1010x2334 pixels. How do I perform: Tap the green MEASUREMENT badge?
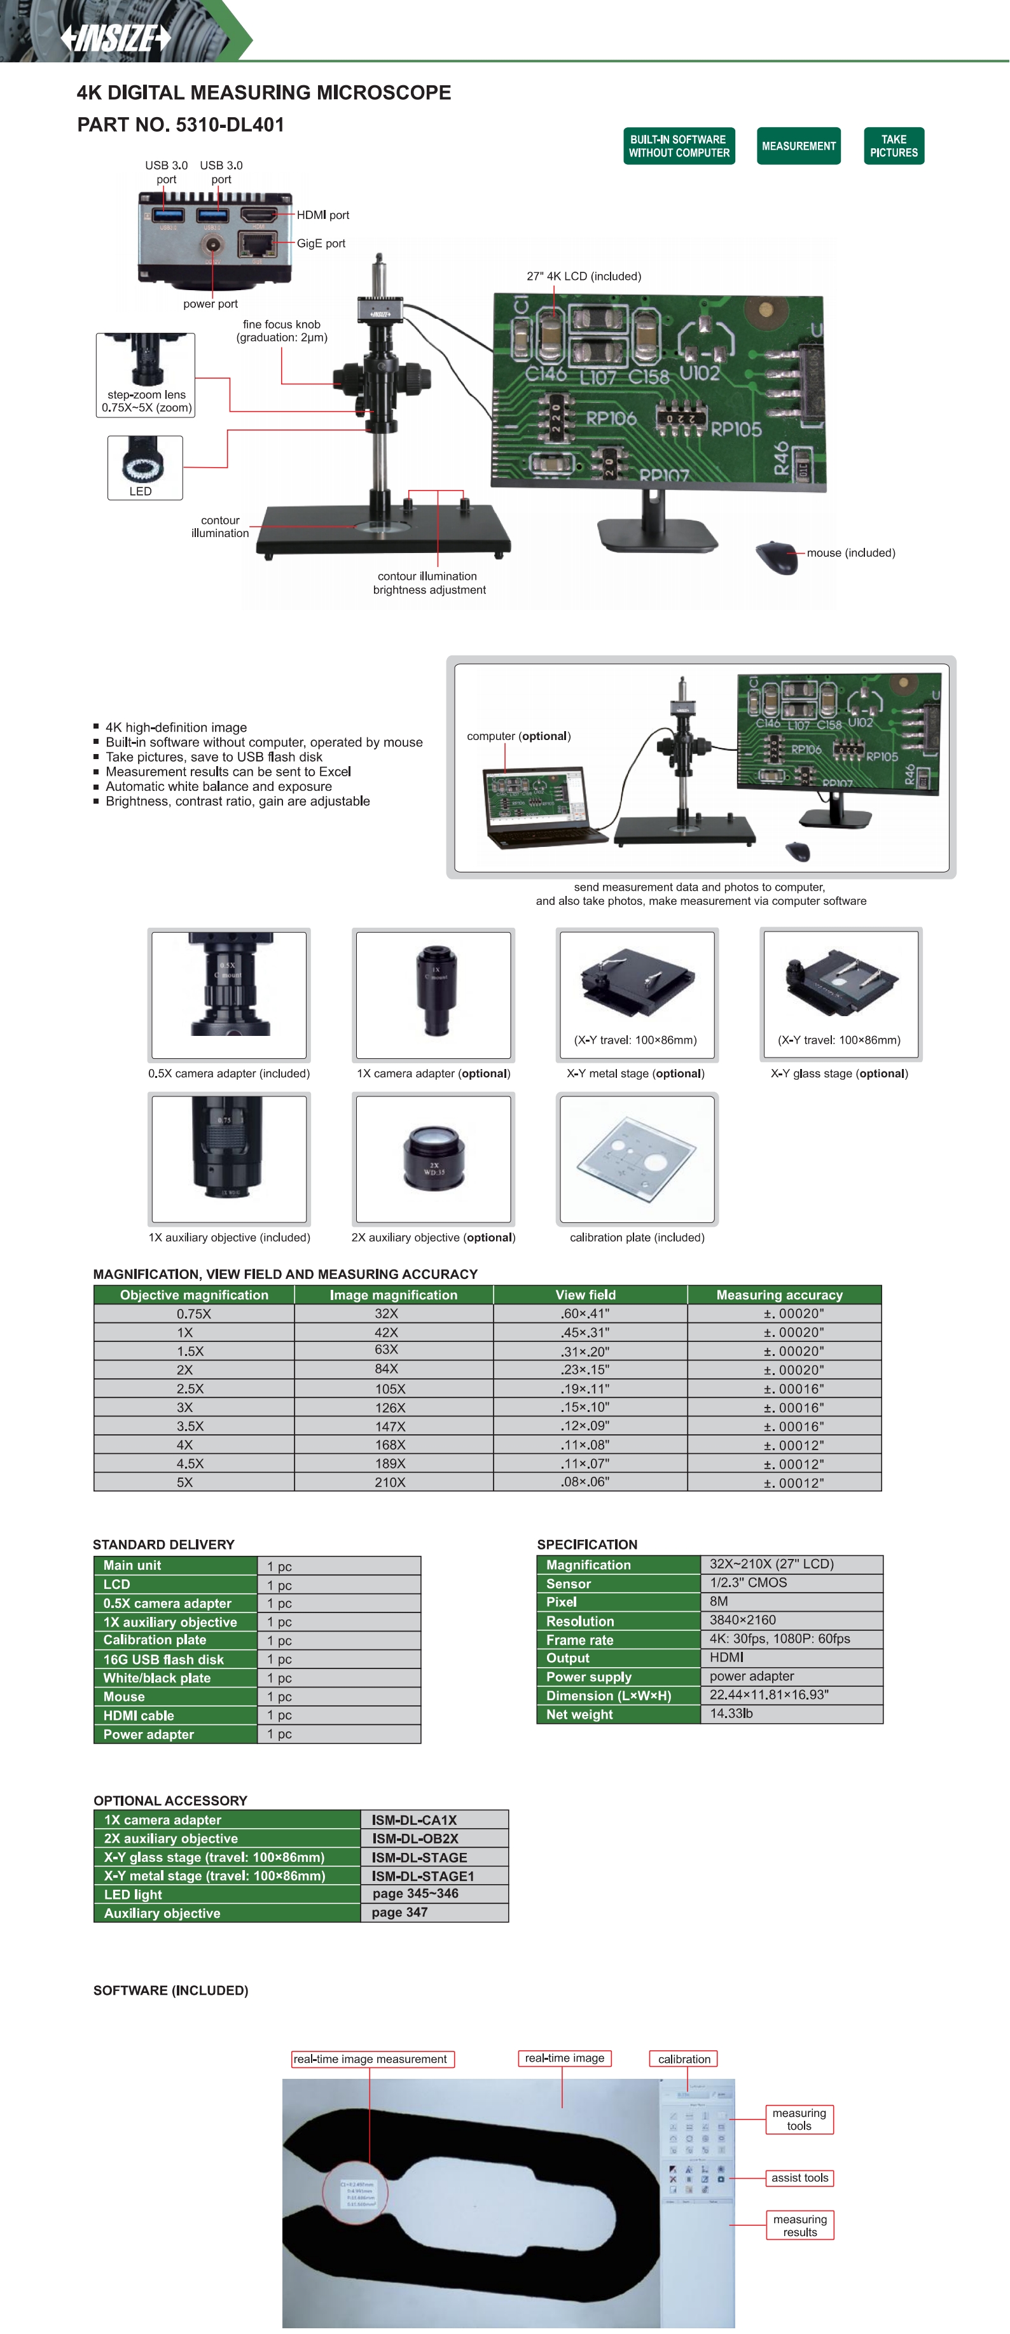pyautogui.click(x=798, y=146)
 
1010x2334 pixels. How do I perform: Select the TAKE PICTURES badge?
pyautogui.click(x=893, y=146)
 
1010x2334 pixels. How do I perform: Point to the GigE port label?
pyautogui.click(x=321, y=244)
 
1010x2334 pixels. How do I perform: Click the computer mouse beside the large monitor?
pyautogui.click(x=777, y=556)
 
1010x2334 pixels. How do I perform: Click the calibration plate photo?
pyautogui.click(x=637, y=1158)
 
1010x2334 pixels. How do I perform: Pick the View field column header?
pyautogui.click(x=585, y=1295)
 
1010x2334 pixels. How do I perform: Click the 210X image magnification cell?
pyautogui.click(x=391, y=1483)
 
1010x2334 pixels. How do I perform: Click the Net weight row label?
pyautogui.click(x=579, y=1714)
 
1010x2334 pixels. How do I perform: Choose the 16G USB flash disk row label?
pyautogui.click(x=163, y=1659)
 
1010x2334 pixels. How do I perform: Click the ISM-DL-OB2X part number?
pyautogui.click(x=415, y=1838)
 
